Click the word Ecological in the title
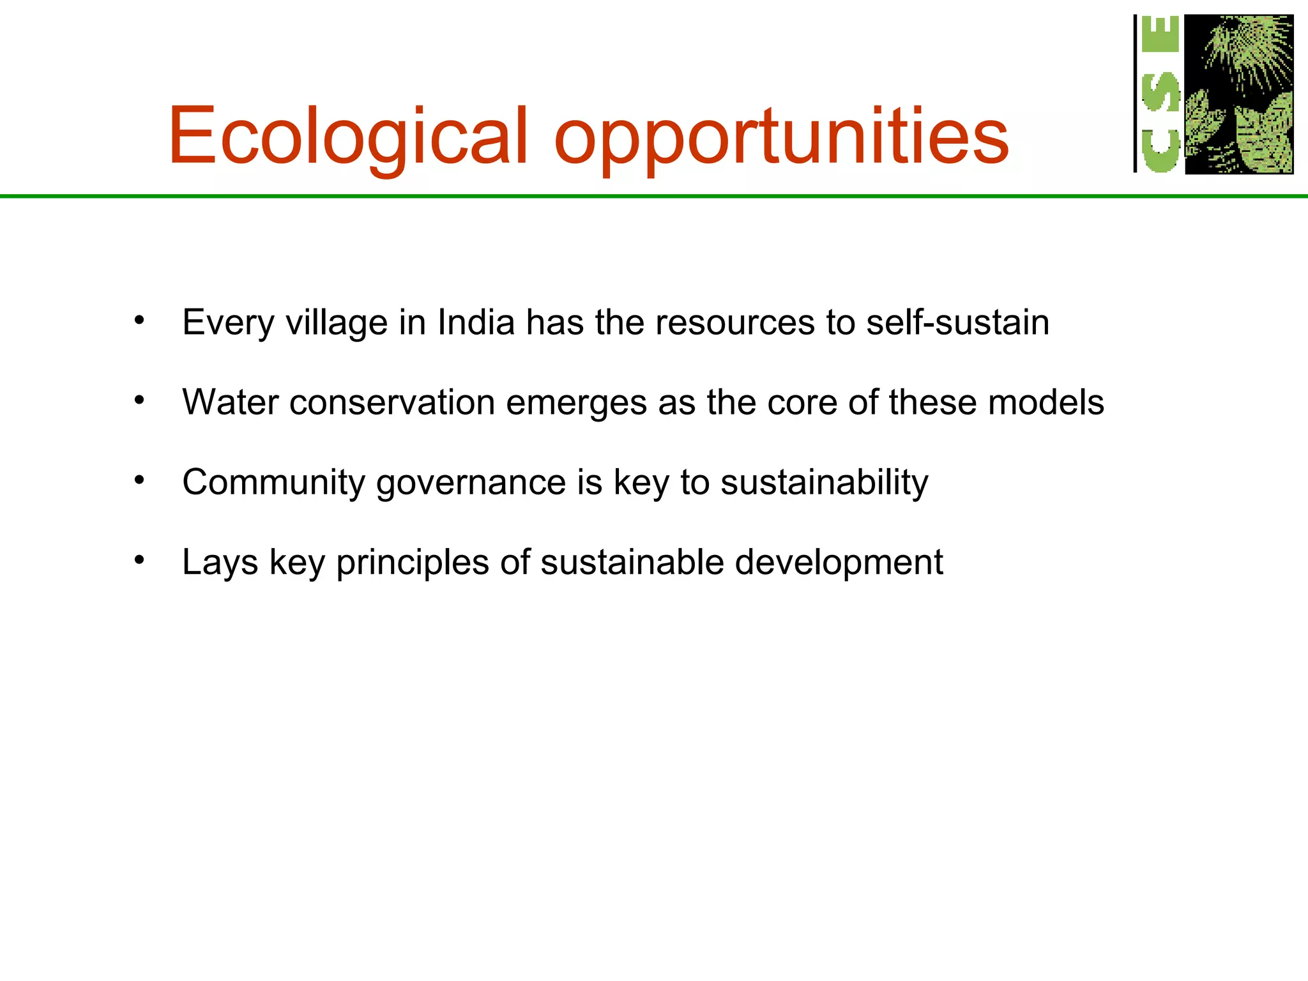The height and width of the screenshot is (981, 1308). pos(348,136)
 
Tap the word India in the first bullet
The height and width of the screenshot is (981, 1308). pos(476,322)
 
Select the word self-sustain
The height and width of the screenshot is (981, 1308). pos(957,322)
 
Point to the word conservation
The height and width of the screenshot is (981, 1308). pos(392,402)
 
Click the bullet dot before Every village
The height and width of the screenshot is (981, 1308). pos(139,319)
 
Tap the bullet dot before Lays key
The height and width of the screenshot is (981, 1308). pos(139,560)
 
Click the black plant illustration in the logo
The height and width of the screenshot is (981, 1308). pos(1239,94)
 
